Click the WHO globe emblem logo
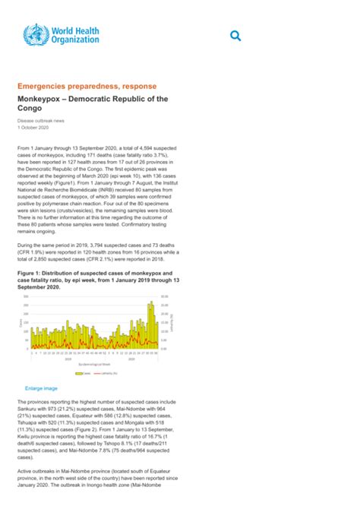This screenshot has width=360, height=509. point(33,36)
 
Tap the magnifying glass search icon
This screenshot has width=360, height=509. point(235,36)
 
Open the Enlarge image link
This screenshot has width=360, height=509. point(41,387)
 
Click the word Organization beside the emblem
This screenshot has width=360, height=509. point(76,40)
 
